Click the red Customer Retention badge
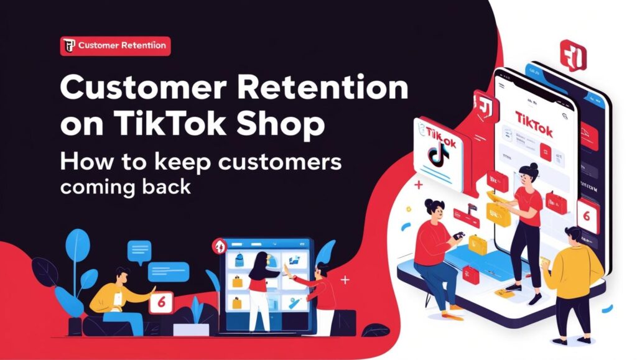(115, 45)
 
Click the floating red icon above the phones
(573, 55)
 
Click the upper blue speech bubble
(139, 251)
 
